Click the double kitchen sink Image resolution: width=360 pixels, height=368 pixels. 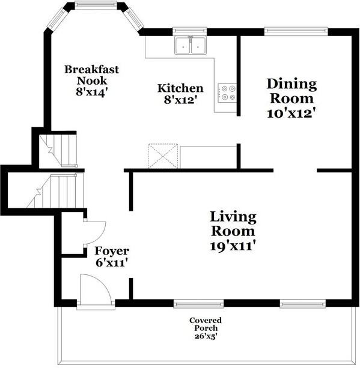coord(191,45)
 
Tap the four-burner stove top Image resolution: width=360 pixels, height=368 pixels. coord(227,92)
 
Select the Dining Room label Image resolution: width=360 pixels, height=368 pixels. coord(291,91)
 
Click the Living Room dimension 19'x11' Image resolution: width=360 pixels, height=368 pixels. coord(233,246)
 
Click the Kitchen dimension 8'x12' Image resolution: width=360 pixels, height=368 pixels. coord(180,100)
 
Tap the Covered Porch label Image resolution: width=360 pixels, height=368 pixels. coord(206,324)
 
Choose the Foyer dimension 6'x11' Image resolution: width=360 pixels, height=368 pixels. coord(112,262)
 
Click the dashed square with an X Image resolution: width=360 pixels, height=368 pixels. coord(163,156)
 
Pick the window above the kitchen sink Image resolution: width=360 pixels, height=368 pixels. coord(190,31)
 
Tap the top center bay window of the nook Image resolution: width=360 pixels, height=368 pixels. coord(96,5)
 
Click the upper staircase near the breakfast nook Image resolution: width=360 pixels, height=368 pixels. coord(58,151)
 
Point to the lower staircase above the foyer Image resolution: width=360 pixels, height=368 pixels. coord(55,190)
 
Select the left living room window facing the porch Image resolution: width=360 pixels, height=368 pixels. coord(198,304)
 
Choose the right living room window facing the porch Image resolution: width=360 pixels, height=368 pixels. coord(303,304)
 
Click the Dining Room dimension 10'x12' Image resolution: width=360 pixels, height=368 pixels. coord(291,113)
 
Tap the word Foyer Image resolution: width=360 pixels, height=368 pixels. coord(112,252)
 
